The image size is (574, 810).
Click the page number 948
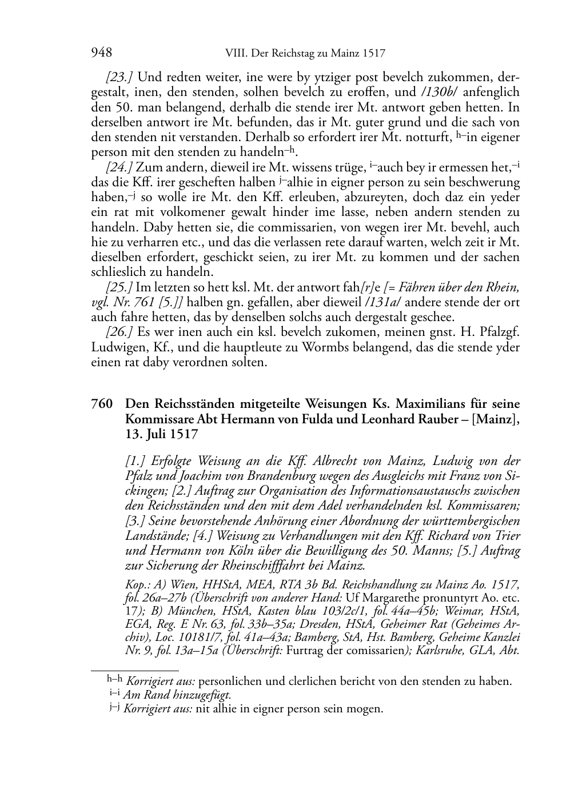coord(101,53)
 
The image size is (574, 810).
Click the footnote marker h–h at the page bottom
coord(115,680)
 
